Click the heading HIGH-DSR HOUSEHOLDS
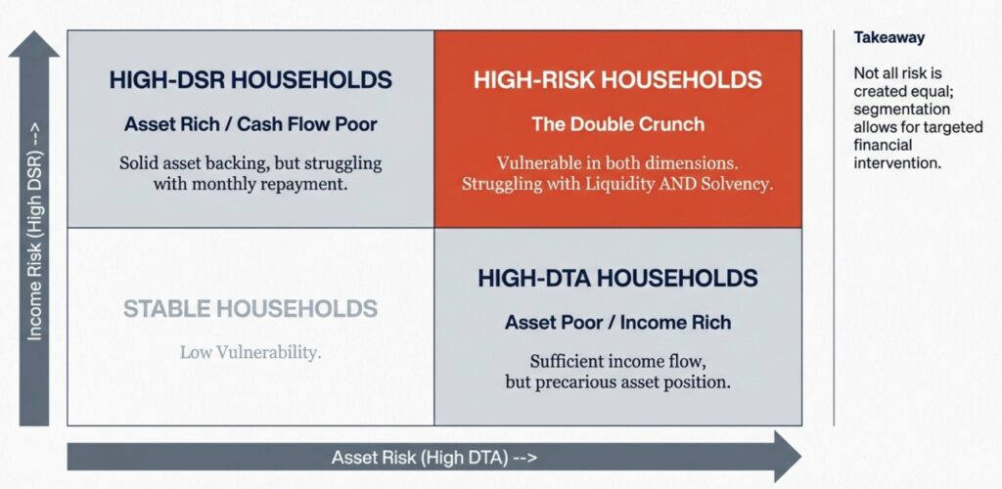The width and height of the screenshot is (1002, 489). tap(250, 80)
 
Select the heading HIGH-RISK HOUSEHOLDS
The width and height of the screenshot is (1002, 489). tap(617, 80)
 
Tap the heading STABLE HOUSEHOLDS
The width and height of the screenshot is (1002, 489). tap(250, 309)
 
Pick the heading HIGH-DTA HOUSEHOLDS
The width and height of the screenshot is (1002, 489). tap(617, 278)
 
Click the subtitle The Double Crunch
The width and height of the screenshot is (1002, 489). tap(617, 124)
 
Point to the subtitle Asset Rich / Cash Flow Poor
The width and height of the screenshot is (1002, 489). tap(250, 124)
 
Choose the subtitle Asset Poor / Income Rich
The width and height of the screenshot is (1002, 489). tap(617, 323)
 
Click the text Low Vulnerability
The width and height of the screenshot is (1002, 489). tap(250, 352)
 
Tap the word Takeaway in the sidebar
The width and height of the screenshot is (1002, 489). tap(888, 38)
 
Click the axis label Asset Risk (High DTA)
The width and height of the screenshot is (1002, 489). tap(434, 458)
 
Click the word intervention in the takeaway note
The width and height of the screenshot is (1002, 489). tap(897, 163)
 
